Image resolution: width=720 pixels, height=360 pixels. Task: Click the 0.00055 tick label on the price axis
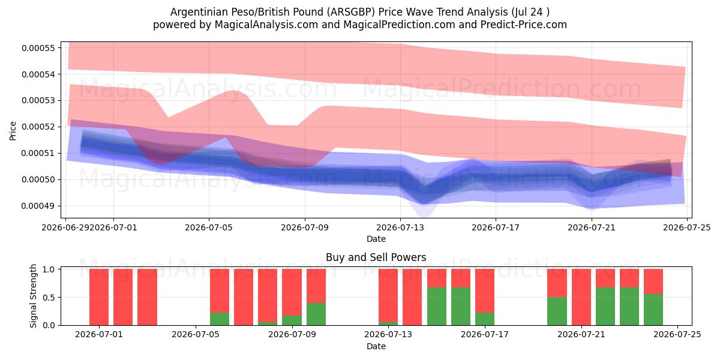(38, 48)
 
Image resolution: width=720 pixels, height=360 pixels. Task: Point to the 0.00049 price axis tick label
(38, 206)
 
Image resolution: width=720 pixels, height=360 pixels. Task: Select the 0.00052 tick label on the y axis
(38, 127)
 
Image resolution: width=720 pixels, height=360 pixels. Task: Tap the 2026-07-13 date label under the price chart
(400, 227)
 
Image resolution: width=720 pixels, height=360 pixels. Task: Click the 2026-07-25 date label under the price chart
(687, 227)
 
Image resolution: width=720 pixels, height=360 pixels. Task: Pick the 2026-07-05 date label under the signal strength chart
(196, 335)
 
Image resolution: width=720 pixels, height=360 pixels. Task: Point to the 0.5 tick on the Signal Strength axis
(49, 298)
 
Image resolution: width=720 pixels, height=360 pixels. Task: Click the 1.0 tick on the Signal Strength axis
(49, 269)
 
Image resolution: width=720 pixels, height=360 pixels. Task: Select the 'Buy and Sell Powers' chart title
(376, 257)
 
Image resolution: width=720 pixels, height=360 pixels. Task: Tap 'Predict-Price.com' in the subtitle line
(524, 25)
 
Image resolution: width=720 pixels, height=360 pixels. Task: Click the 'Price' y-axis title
(13, 131)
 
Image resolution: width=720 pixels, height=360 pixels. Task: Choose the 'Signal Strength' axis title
(33, 296)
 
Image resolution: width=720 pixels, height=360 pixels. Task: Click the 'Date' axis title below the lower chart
(376, 347)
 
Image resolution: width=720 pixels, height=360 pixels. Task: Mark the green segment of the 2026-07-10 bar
(316, 314)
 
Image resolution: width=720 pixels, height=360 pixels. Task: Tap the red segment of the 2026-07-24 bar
(653, 281)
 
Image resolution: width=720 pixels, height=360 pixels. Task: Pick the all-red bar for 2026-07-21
(581, 297)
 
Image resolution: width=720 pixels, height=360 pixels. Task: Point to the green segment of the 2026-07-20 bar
(557, 311)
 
